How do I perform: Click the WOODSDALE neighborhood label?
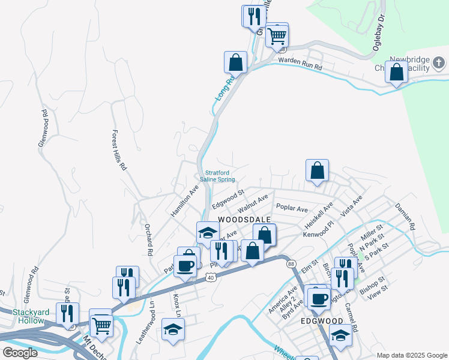pyautogui.click(x=244, y=220)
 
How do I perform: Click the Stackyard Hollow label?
pyautogui.click(x=23, y=317)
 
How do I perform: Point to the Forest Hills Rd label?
pyautogui.click(x=120, y=151)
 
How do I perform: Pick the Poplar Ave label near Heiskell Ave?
pyautogui.click(x=292, y=208)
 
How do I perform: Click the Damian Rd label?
pyautogui.click(x=405, y=217)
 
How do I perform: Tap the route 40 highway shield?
pyautogui.click(x=209, y=277)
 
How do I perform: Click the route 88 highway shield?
pyautogui.click(x=291, y=263)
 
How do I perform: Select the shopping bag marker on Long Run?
pyautogui.click(x=236, y=62)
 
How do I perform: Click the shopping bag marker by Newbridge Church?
pyautogui.click(x=396, y=73)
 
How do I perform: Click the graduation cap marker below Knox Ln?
pyautogui.click(x=173, y=329)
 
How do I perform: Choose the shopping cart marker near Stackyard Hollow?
pyautogui.click(x=101, y=325)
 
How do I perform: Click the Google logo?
pyautogui.click(x=19, y=353)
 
